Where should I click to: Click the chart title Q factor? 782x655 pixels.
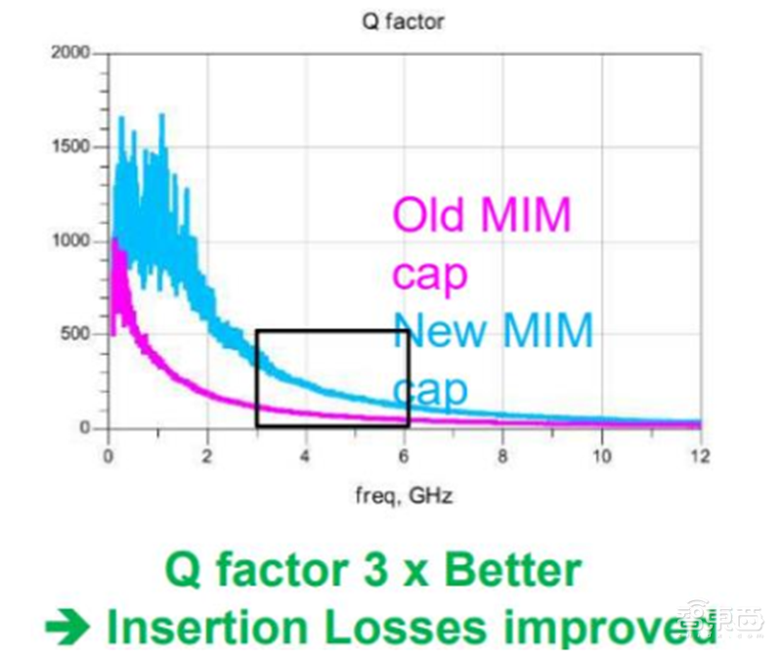403,21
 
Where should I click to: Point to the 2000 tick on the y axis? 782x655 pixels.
70,53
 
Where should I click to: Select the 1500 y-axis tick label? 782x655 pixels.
70,147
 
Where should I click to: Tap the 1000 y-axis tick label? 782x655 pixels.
70,240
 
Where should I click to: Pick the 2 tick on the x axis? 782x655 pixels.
206,456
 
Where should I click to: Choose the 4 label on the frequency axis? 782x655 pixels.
305,456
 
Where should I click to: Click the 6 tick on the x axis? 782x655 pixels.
404,456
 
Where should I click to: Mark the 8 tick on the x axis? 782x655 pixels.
501,456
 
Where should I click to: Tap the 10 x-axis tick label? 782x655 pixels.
600,456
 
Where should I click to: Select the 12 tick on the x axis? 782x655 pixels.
698,456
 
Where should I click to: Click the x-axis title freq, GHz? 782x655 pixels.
403,496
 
